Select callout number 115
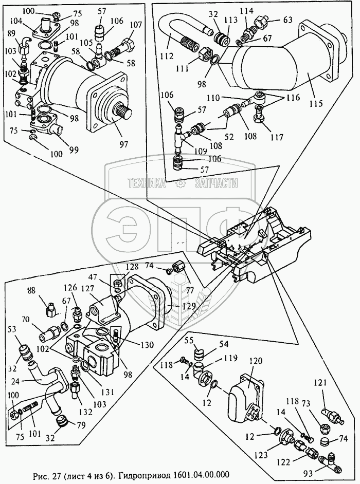tap(317, 103)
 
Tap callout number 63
tap(287, 20)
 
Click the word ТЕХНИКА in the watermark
tap(148, 183)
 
